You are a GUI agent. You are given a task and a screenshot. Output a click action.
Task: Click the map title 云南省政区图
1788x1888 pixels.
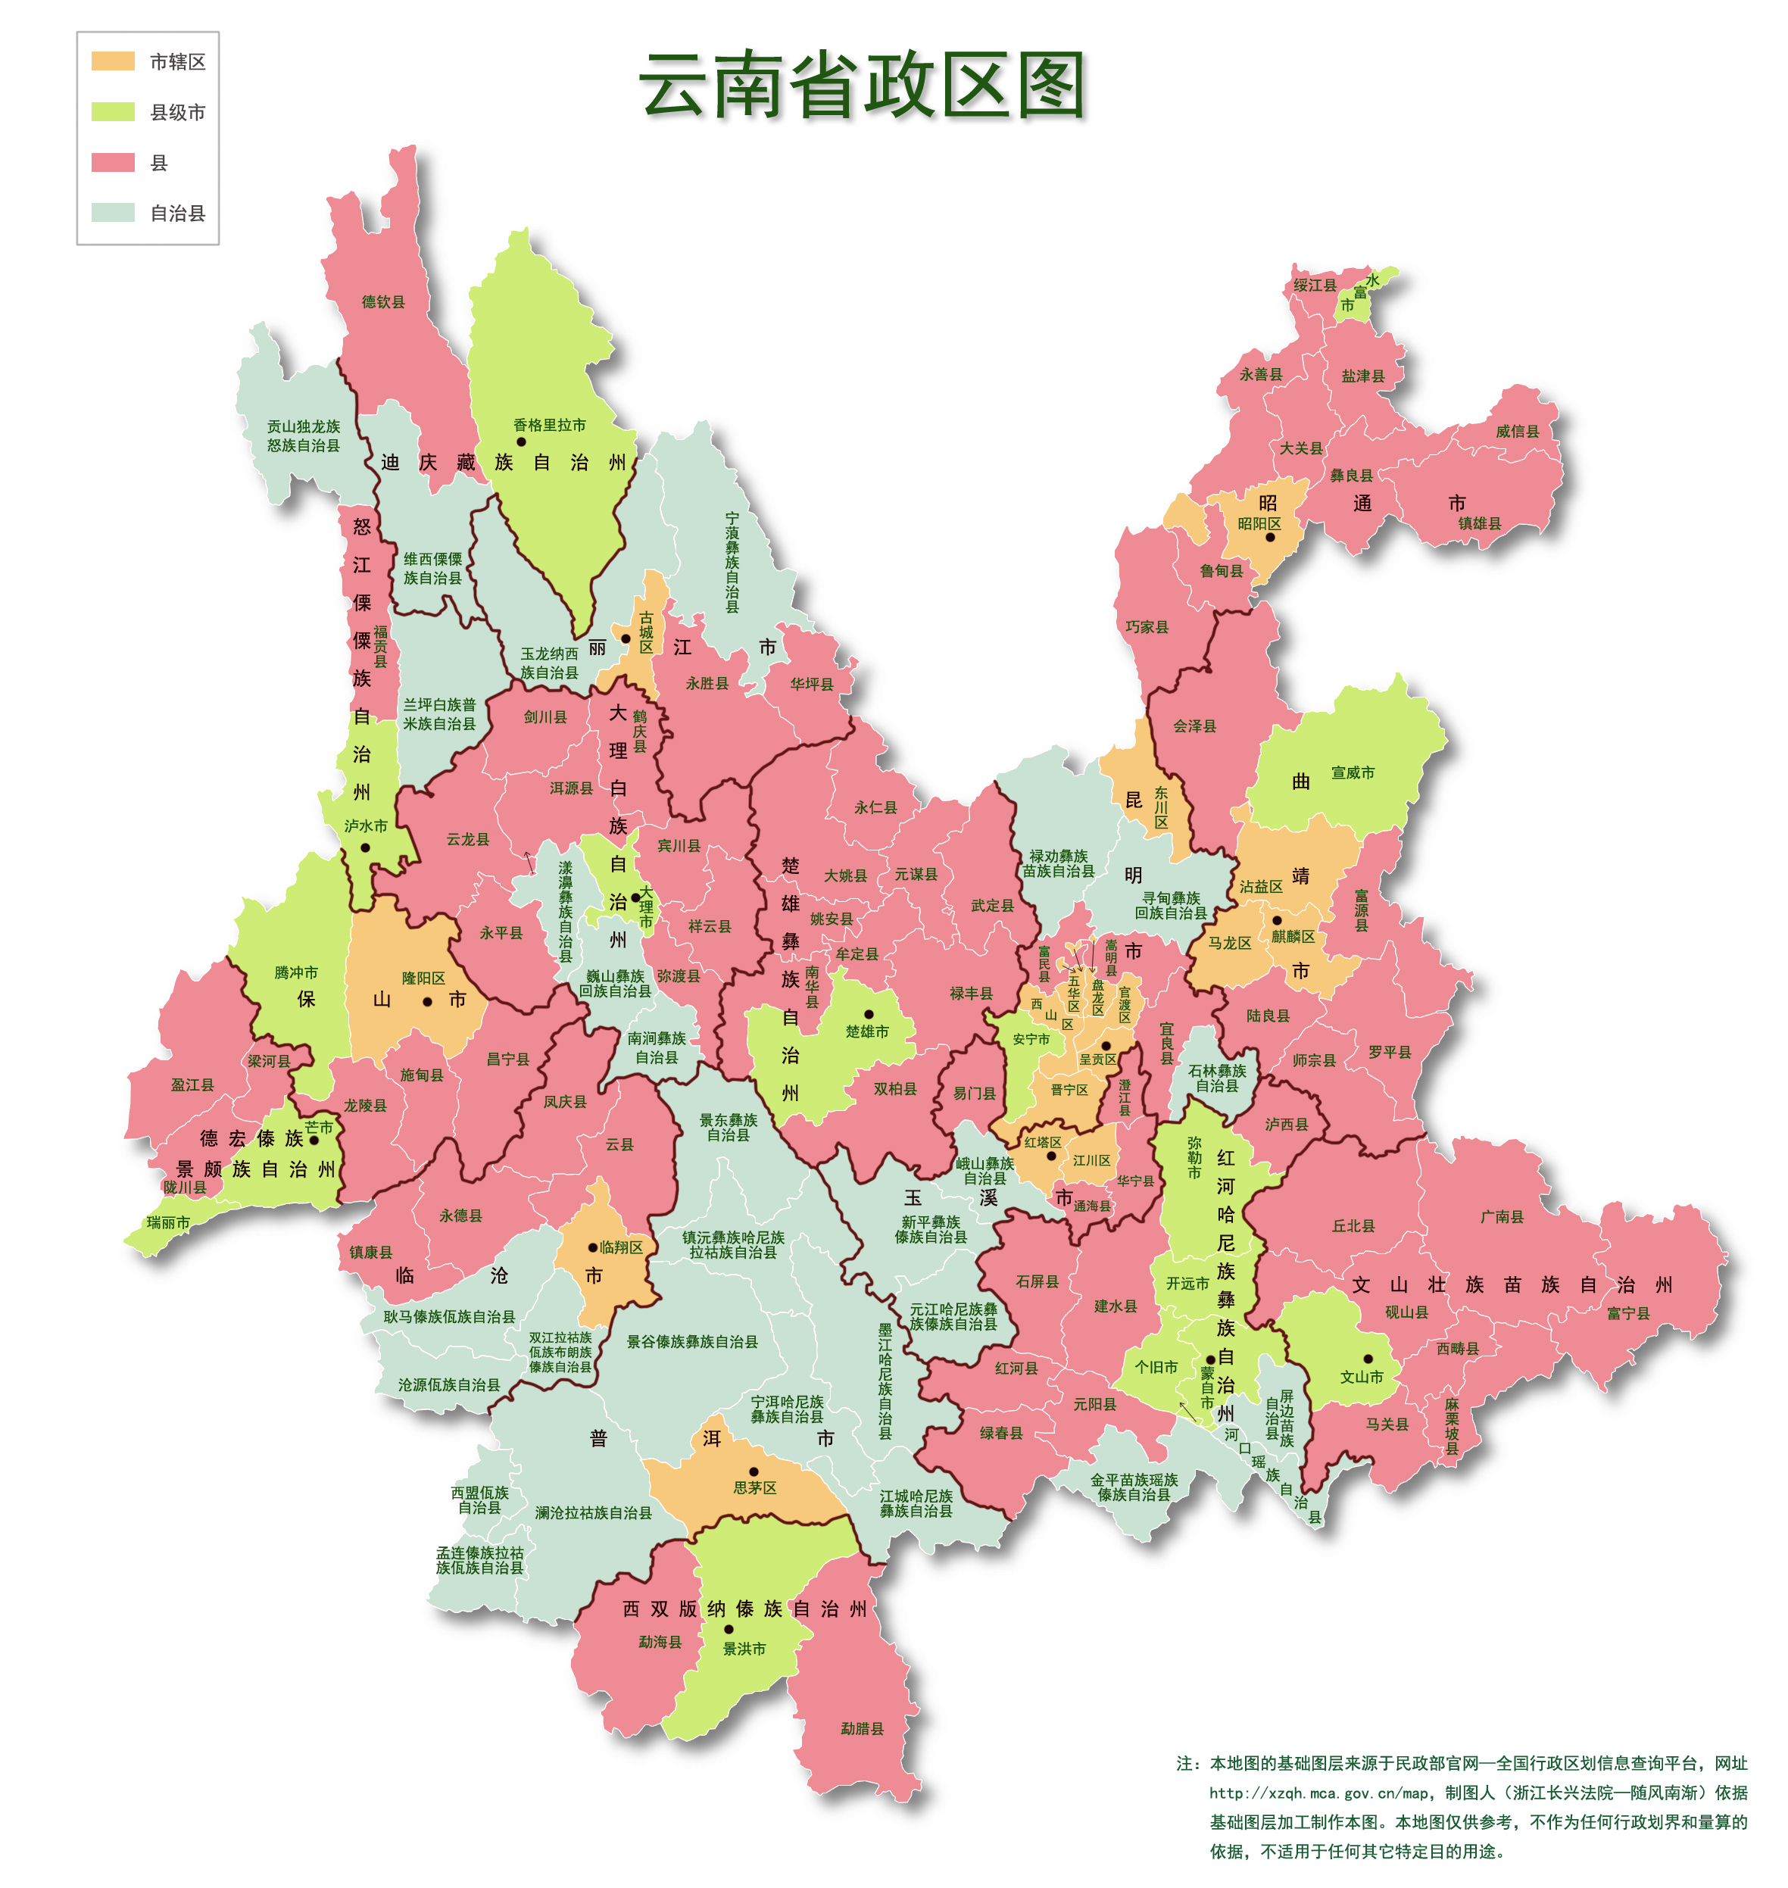point(863,86)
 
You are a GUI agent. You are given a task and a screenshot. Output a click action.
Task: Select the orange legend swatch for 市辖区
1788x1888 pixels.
point(113,61)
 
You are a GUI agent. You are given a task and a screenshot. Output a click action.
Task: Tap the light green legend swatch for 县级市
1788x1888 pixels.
point(113,111)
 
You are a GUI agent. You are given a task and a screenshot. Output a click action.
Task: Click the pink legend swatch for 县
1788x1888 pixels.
point(113,162)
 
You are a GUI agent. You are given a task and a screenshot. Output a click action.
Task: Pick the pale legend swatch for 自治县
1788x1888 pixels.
point(113,213)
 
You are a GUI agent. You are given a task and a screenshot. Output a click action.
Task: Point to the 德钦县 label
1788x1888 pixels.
point(383,302)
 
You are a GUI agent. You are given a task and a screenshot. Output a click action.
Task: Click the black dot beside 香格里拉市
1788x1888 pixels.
point(520,442)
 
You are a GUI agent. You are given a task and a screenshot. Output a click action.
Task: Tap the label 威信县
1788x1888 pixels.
point(1518,431)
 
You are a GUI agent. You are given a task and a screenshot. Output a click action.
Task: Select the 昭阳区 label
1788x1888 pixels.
point(1259,523)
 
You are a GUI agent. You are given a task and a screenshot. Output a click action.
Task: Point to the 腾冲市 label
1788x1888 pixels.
point(296,972)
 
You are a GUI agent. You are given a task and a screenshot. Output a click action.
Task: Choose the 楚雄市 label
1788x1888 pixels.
point(867,1031)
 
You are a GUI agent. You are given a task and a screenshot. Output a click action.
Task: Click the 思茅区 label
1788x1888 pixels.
point(755,1487)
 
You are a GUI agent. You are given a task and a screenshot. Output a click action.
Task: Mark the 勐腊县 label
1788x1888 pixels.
point(862,1729)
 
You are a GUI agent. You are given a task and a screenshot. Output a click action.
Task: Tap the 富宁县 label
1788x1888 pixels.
point(1628,1313)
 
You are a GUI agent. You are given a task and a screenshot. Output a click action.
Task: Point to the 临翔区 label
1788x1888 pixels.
point(622,1247)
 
